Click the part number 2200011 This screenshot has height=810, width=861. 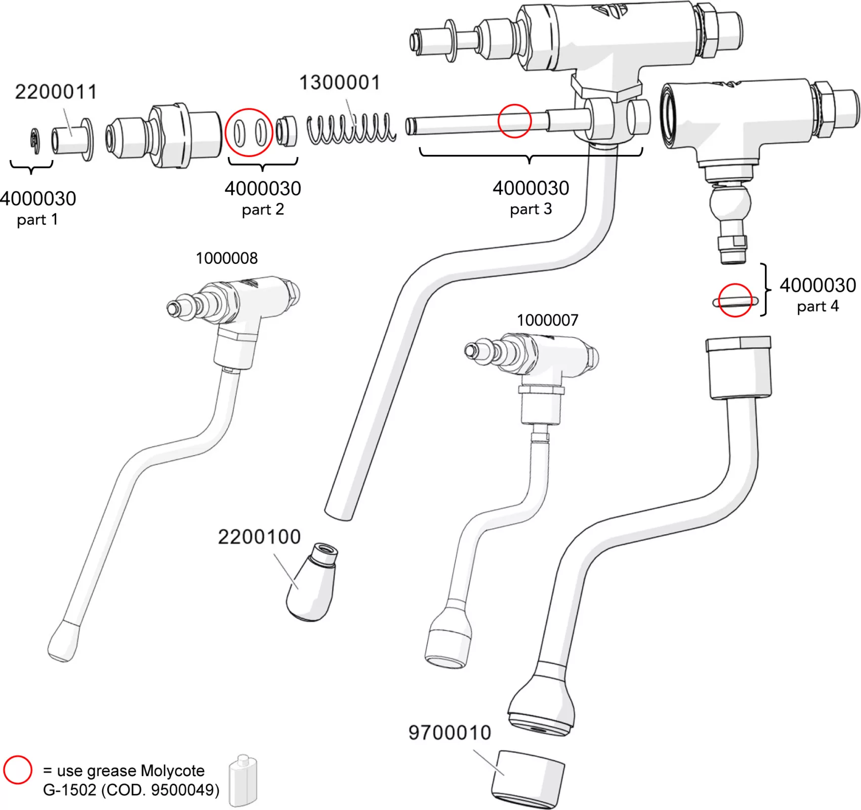click(x=56, y=92)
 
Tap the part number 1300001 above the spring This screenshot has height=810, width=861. click(x=340, y=83)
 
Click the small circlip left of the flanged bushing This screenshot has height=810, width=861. click(x=34, y=141)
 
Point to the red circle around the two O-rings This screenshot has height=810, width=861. click(x=249, y=132)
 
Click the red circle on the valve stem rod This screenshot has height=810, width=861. click(x=514, y=120)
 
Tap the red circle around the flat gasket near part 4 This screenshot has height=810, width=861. click(x=735, y=301)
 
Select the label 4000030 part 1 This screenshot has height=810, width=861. click(x=37, y=208)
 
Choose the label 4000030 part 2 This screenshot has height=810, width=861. click(x=263, y=197)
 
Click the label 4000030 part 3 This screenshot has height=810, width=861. click(x=530, y=197)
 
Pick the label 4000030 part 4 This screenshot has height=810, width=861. click(x=817, y=294)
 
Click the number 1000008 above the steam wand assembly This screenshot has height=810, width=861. click(x=226, y=258)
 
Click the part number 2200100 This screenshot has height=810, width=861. click(x=259, y=537)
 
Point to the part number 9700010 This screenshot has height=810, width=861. click(x=449, y=733)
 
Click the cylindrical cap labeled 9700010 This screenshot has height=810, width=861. click(x=528, y=779)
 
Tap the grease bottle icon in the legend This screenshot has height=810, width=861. click(x=243, y=781)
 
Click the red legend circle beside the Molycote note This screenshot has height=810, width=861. click(x=18, y=770)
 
